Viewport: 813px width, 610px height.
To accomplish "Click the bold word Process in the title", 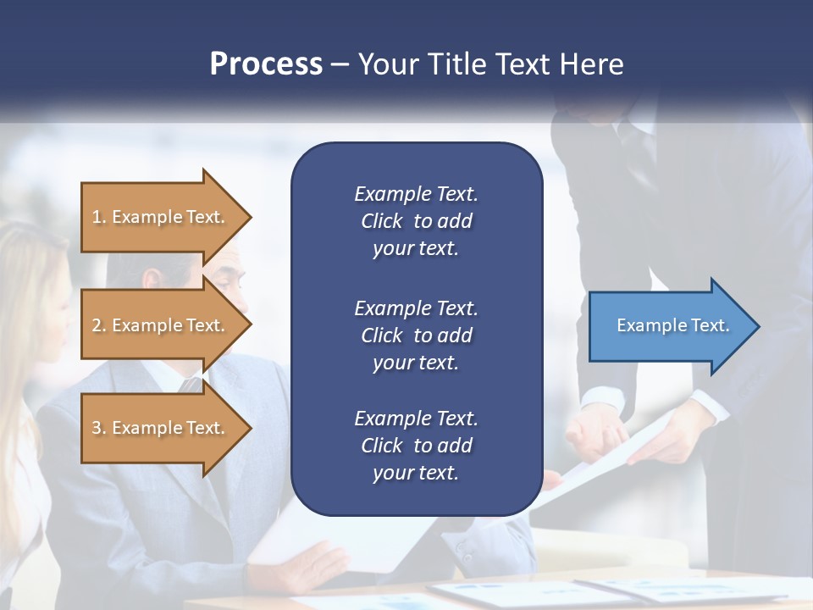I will pyautogui.click(x=266, y=64).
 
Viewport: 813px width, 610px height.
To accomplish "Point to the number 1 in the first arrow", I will pyautogui.click(x=97, y=217).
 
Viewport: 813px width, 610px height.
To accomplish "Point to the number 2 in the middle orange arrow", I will pyautogui.click(x=97, y=325).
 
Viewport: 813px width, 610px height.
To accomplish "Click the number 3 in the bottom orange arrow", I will pyautogui.click(x=97, y=428).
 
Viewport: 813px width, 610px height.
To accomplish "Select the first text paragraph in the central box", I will pyautogui.click(x=416, y=221).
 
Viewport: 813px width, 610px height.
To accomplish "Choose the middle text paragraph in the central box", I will pyautogui.click(x=416, y=335).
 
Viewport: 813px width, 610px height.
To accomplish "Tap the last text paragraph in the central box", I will pyautogui.click(x=416, y=446).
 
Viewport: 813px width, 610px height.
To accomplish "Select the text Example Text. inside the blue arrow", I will pyautogui.click(x=672, y=325).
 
